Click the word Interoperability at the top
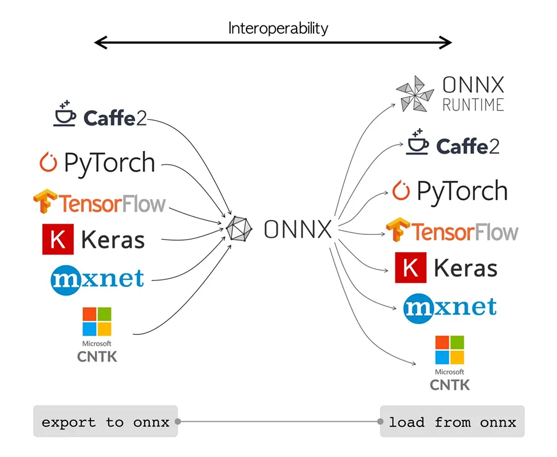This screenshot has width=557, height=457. (278, 28)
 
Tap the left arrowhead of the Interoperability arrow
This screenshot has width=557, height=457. (99, 42)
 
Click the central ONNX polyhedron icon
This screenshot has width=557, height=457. (239, 227)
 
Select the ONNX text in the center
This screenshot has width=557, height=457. (298, 230)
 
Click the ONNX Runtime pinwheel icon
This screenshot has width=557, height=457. (414, 93)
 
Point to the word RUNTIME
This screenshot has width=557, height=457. (473, 104)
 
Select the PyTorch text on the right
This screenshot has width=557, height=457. (462, 191)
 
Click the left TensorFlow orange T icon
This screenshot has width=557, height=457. (45, 202)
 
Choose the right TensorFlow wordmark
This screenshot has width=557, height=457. (465, 232)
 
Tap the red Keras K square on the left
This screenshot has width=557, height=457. (58, 239)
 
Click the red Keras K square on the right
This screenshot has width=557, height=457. (411, 267)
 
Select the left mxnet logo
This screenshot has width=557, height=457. (97, 279)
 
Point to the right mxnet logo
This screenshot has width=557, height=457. (449, 307)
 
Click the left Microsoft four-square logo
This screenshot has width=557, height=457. (97, 322)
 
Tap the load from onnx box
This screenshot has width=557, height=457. (452, 422)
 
